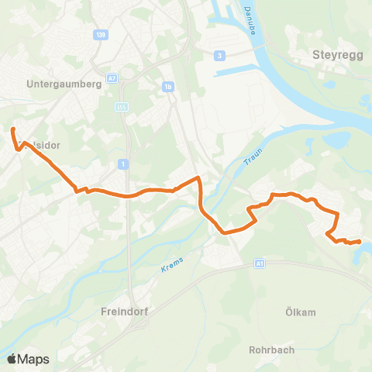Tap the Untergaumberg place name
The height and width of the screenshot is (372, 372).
point(64,84)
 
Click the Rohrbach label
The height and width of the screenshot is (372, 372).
point(270,350)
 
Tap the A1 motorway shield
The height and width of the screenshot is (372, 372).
point(259,264)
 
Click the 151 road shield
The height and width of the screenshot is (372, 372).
point(120,107)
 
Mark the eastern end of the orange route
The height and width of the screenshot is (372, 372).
point(360,242)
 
